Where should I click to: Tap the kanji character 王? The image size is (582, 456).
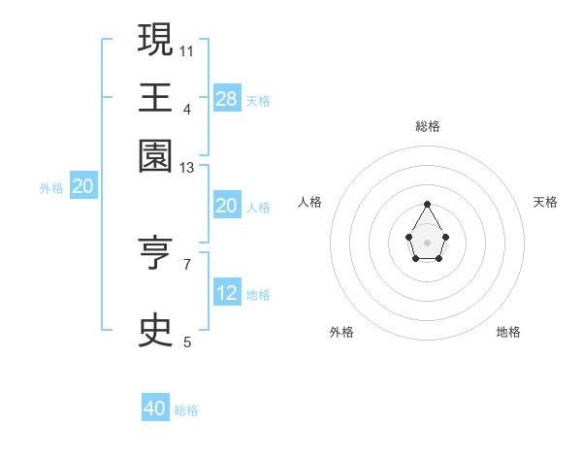[156, 97]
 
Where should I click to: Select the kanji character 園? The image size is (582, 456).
[156, 154]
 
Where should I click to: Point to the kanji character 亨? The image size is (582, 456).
[156, 253]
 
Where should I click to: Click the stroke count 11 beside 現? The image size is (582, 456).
[186, 49]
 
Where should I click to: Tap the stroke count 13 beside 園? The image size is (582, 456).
[187, 168]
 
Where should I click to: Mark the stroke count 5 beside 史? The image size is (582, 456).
[187, 342]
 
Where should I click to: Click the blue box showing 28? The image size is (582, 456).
[227, 99]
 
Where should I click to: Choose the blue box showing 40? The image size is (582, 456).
[155, 408]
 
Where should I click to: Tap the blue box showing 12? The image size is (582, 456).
[227, 293]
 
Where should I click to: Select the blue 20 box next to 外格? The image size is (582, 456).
[83, 187]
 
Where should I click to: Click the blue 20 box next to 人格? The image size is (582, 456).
[226, 206]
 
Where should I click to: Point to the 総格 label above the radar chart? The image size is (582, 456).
[428, 126]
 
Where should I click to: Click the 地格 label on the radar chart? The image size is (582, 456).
[508, 332]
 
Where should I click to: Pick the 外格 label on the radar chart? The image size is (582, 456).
[341, 332]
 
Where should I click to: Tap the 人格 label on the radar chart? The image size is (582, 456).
[310, 202]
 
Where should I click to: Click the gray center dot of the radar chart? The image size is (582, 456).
[427, 242]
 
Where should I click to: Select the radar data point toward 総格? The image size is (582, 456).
[427, 204]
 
